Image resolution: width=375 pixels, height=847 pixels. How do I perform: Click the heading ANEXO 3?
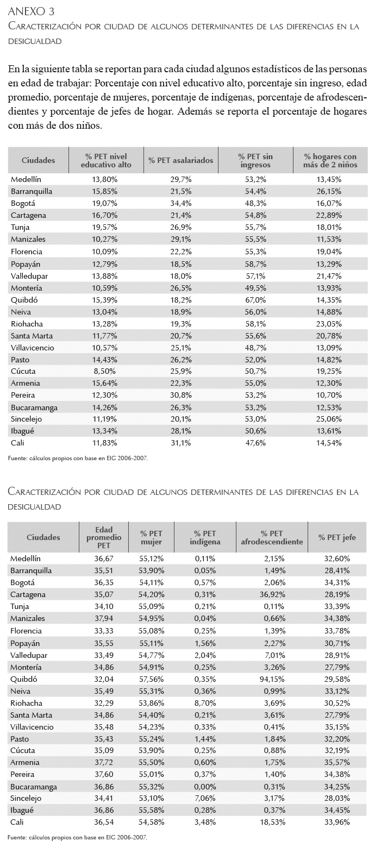31,12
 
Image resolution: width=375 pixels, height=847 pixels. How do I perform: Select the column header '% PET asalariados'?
180,160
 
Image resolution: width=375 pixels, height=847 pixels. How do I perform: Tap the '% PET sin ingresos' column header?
255,161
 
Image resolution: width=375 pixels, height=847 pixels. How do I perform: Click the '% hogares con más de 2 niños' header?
330,161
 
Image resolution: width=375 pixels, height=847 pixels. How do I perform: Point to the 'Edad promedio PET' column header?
104,537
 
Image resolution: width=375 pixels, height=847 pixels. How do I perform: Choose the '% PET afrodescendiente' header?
272,537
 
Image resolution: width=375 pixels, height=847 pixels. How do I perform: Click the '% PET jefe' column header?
337,537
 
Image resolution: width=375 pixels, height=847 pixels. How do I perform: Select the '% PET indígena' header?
205,537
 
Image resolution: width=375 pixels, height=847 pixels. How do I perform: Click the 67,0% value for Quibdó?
255,300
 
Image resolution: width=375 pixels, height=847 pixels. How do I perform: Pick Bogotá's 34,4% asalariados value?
180,203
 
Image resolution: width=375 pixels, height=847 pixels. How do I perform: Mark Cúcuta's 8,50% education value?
104,371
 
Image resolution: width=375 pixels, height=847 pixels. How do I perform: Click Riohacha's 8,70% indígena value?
205,703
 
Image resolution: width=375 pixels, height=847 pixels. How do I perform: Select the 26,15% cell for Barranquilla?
329,191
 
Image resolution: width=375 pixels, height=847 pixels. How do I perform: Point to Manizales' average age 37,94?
104,618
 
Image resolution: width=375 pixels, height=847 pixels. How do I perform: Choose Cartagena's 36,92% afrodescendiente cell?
272,594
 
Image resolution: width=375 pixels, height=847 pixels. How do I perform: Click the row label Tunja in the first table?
20,227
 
